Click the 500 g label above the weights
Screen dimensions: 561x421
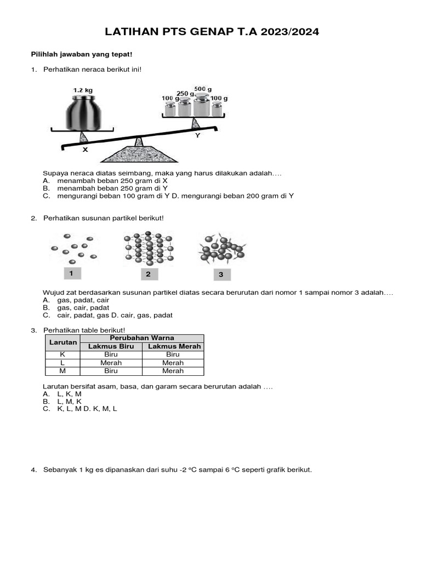pyautogui.click(x=203, y=89)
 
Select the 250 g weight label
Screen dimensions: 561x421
pyautogui.click(x=185, y=94)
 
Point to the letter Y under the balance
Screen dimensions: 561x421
pyautogui.click(x=197, y=135)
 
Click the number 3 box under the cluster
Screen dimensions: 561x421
pyautogui.click(x=221, y=274)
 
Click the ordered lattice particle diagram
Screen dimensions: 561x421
pyautogui.click(x=147, y=249)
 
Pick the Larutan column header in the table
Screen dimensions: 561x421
pyautogui.click(x=63, y=342)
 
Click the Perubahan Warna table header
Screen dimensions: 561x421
pyautogui.click(x=142, y=338)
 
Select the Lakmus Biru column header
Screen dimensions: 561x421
pyautogui.click(x=111, y=346)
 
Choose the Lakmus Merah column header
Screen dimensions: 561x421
pyautogui.click(x=173, y=346)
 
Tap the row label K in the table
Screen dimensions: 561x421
pyautogui.click(x=63, y=354)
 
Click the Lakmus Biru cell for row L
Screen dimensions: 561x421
pyautogui.click(x=111, y=363)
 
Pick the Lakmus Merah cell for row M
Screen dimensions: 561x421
pyautogui.click(x=173, y=371)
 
